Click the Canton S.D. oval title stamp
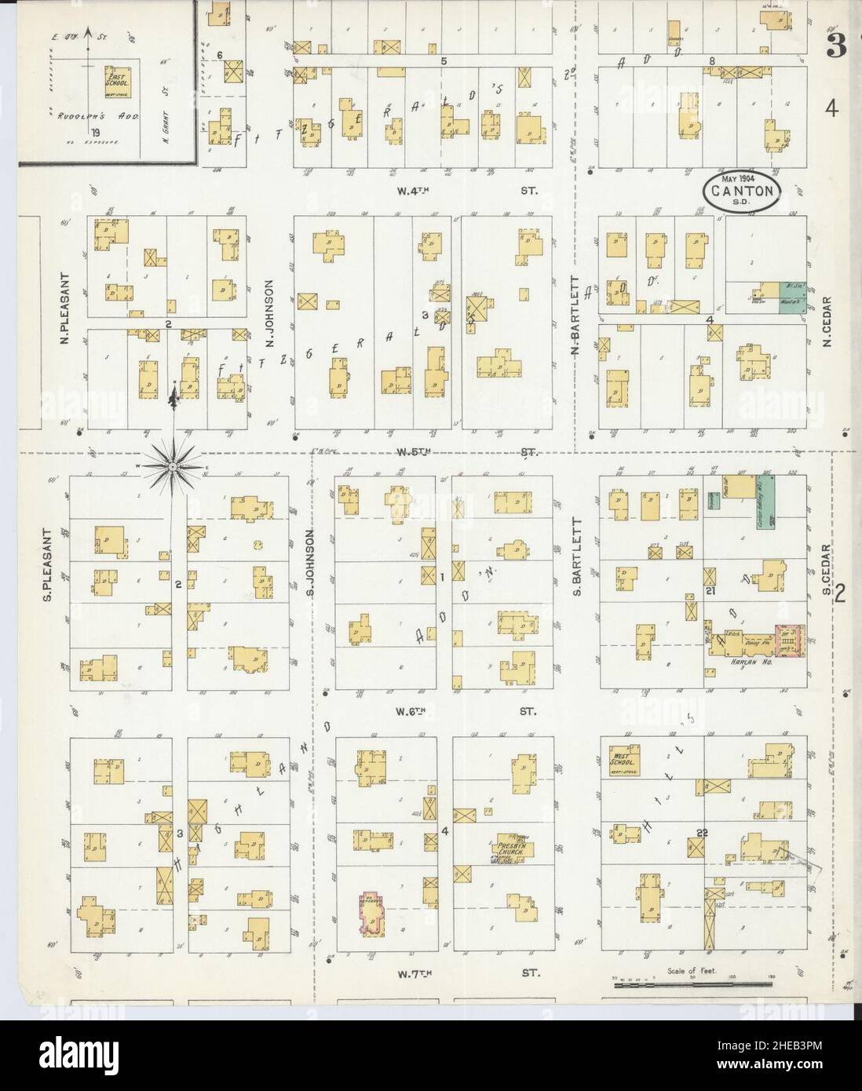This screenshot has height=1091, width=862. point(740,191)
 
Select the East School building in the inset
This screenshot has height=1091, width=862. point(119,80)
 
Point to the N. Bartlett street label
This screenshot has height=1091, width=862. point(575,316)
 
